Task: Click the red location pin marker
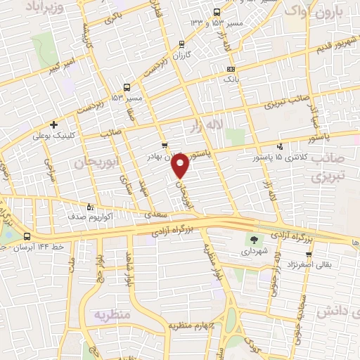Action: pyautogui.click(x=181, y=165)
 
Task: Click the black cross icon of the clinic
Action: pyautogui.click(x=53, y=124)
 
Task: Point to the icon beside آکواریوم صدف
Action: pyautogui.click(x=89, y=207)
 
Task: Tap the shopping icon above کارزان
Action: pyautogui.click(x=181, y=42)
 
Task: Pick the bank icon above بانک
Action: pyautogui.click(x=231, y=69)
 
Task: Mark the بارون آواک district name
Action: pyautogui.click(x=317, y=12)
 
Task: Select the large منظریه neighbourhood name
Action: pyautogui.click(x=112, y=314)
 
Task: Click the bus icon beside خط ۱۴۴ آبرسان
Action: pyautogui.click(x=27, y=236)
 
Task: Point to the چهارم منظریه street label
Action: pyautogui.click(x=193, y=327)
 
